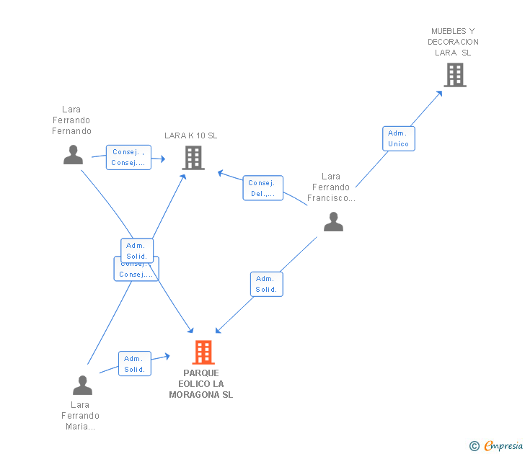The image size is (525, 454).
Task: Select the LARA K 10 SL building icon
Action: click(193, 157)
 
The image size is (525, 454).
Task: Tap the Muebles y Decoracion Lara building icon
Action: click(455, 75)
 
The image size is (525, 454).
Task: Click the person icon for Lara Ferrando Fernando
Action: click(73, 155)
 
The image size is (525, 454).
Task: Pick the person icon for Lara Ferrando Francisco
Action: click(333, 222)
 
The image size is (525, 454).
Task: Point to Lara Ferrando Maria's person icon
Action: click(82, 386)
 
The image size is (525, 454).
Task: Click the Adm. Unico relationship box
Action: click(398, 138)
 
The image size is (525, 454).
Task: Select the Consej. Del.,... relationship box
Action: click(262, 188)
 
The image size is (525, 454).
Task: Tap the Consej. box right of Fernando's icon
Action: click(128, 158)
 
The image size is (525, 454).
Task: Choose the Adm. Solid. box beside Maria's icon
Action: click(134, 364)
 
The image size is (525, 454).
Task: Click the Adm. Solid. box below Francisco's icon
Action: click(266, 284)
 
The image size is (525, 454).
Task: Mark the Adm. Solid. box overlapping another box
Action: click(136, 250)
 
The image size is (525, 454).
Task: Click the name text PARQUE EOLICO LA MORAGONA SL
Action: click(201, 384)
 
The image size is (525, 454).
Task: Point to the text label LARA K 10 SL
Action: click(190, 135)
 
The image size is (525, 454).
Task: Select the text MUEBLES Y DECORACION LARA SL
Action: click(453, 42)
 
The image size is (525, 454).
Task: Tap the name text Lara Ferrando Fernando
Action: click(71, 120)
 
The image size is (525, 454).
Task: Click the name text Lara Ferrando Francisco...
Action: click(331, 187)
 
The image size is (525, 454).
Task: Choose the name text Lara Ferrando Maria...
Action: click(80, 415)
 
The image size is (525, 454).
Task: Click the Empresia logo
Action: click(503, 447)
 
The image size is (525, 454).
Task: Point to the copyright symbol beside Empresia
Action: click(474, 447)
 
